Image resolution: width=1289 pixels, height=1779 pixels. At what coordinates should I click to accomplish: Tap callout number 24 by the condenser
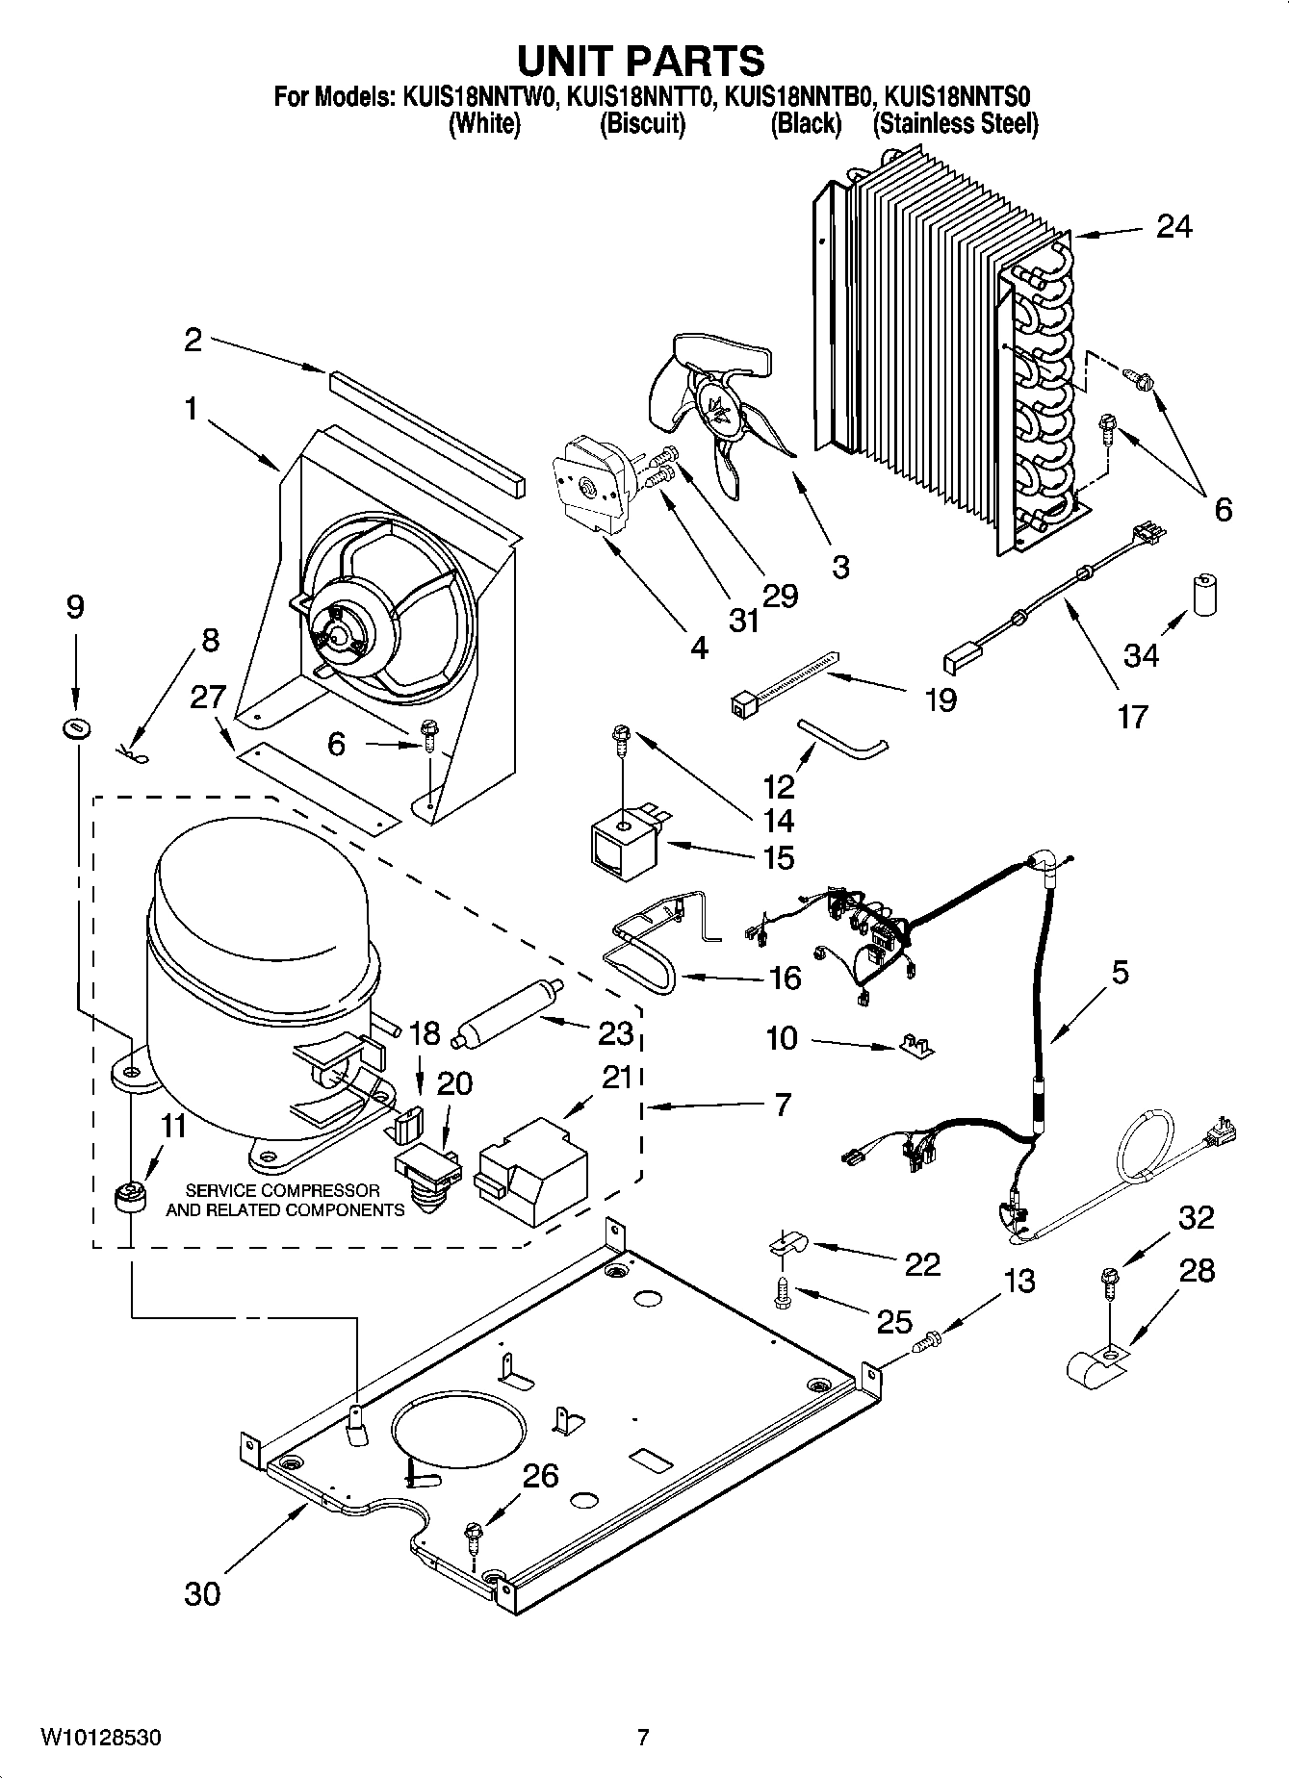click(1173, 227)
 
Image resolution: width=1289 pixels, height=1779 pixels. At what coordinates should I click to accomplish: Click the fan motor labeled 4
click(594, 493)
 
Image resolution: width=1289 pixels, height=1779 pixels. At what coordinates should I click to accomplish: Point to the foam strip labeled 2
click(427, 434)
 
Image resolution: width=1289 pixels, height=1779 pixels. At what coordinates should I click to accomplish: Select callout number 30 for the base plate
click(203, 1594)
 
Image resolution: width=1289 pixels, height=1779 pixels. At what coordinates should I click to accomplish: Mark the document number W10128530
click(100, 1738)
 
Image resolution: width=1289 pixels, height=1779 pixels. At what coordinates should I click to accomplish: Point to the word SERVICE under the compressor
click(224, 1190)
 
